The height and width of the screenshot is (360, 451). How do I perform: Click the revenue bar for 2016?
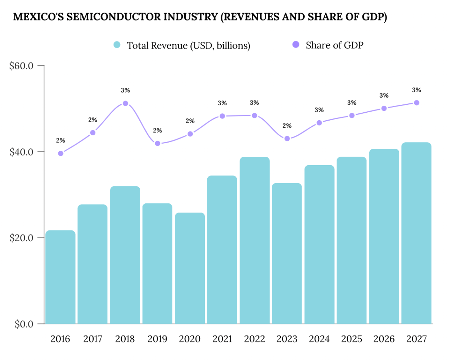(60, 277)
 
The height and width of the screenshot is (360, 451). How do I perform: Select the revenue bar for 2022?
(254, 240)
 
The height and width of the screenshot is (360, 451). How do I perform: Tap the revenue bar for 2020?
(190, 268)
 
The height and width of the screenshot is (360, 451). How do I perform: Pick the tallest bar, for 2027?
(416, 233)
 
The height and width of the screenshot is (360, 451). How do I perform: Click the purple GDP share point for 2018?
(125, 103)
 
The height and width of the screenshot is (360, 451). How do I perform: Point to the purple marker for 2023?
(287, 139)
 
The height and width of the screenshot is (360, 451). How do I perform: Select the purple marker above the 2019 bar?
(158, 143)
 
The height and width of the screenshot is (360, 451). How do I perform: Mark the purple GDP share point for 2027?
(417, 103)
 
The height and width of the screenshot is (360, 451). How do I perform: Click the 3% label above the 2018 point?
(125, 90)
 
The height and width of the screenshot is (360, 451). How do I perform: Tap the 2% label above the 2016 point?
(60, 140)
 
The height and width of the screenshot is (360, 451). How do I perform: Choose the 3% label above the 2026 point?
(384, 96)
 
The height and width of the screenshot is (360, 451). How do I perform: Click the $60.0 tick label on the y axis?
(21, 66)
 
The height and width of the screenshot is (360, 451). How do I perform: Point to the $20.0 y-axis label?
(21, 238)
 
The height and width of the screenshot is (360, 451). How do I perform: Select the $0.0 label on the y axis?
(24, 324)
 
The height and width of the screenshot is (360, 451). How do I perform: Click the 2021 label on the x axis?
(222, 339)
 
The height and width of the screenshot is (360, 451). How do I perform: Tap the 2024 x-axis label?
(319, 339)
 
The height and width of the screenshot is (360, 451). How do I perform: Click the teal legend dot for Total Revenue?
(117, 45)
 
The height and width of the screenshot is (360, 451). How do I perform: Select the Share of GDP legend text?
(334, 45)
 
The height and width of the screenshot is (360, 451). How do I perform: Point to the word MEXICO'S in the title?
(39, 17)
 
